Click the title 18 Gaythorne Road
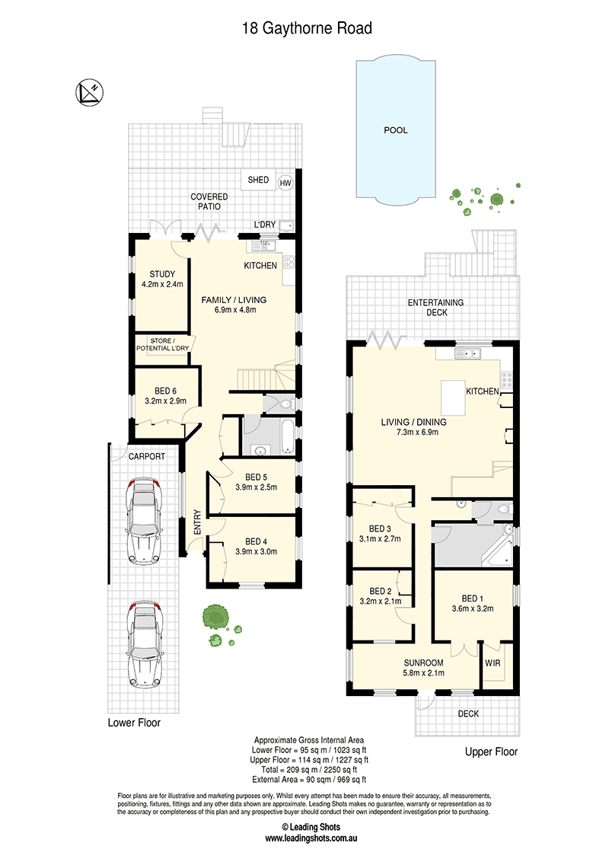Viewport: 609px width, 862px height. pyautogui.click(x=307, y=29)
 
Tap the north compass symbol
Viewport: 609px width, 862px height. pyautogui.click(x=89, y=92)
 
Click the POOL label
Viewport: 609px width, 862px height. pyautogui.click(x=396, y=130)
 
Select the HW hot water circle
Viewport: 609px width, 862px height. pyautogui.click(x=285, y=183)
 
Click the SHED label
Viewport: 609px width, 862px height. pyautogui.click(x=258, y=180)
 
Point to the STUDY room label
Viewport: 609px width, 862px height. pyautogui.click(x=162, y=274)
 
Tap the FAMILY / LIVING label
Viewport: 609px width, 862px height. pyautogui.click(x=234, y=299)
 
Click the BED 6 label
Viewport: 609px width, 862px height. pyautogui.click(x=165, y=391)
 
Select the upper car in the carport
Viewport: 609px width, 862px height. pyautogui.click(x=143, y=521)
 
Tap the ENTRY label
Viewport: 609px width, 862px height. pyautogui.click(x=197, y=522)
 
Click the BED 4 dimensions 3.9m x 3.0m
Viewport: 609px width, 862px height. pyautogui.click(x=256, y=551)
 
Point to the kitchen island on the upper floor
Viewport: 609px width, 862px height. pyautogui.click(x=454, y=397)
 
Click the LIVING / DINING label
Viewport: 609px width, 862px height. pyautogui.click(x=414, y=422)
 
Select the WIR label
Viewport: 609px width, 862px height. pyautogui.click(x=493, y=663)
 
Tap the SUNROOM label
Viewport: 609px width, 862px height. pyautogui.click(x=423, y=663)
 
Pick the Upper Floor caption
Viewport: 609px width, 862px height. pyautogui.click(x=491, y=752)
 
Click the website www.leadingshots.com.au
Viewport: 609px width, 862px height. pyautogui.click(x=311, y=838)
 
